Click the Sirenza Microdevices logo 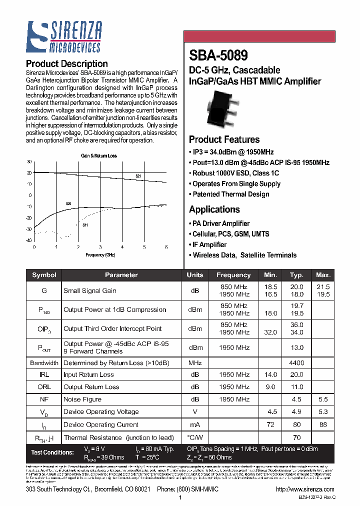[x=63, y=37]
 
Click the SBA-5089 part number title [x=218, y=54]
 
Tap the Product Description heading [x=66, y=63]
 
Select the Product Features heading [x=224, y=139]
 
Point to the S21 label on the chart [x=138, y=176]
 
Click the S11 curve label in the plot [x=85, y=225]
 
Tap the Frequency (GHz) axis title [x=100, y=255]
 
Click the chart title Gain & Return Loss [x=99, y=156]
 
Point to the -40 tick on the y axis [x=29, y=240]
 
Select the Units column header [x=195, y=275]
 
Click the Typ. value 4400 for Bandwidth [x=296, y=363]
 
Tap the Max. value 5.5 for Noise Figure [x=323, y=399]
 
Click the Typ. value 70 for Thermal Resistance [x=296, y=437]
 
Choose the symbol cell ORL [x=44, y=387]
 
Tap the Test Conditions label [x=52, y=452]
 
